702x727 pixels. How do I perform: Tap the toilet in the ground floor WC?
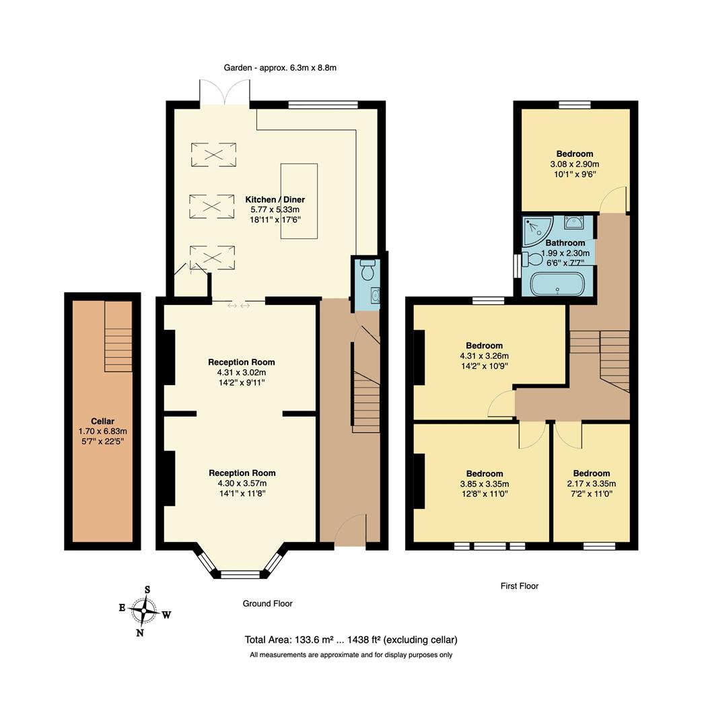(367, 270)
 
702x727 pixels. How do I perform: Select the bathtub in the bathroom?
(558, 283)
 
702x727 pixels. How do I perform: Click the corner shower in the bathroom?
(536, 230)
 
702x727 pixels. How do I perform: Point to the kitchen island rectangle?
(299, 201)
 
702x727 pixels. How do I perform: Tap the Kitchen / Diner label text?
(275, 199)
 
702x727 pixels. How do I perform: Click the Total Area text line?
(351, 639)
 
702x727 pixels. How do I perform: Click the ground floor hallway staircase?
(366, 403)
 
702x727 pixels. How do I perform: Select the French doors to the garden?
(225, 94)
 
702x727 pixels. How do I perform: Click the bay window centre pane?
(240, 574)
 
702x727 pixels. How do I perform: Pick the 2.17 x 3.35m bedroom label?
(592, 483)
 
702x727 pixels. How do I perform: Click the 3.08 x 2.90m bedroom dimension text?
(574, 164)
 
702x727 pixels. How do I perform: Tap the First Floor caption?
(520, 586)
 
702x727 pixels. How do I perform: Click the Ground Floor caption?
(267, 604)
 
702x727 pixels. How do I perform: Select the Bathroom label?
(565, 243)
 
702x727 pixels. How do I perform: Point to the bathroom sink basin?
(574, 222)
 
